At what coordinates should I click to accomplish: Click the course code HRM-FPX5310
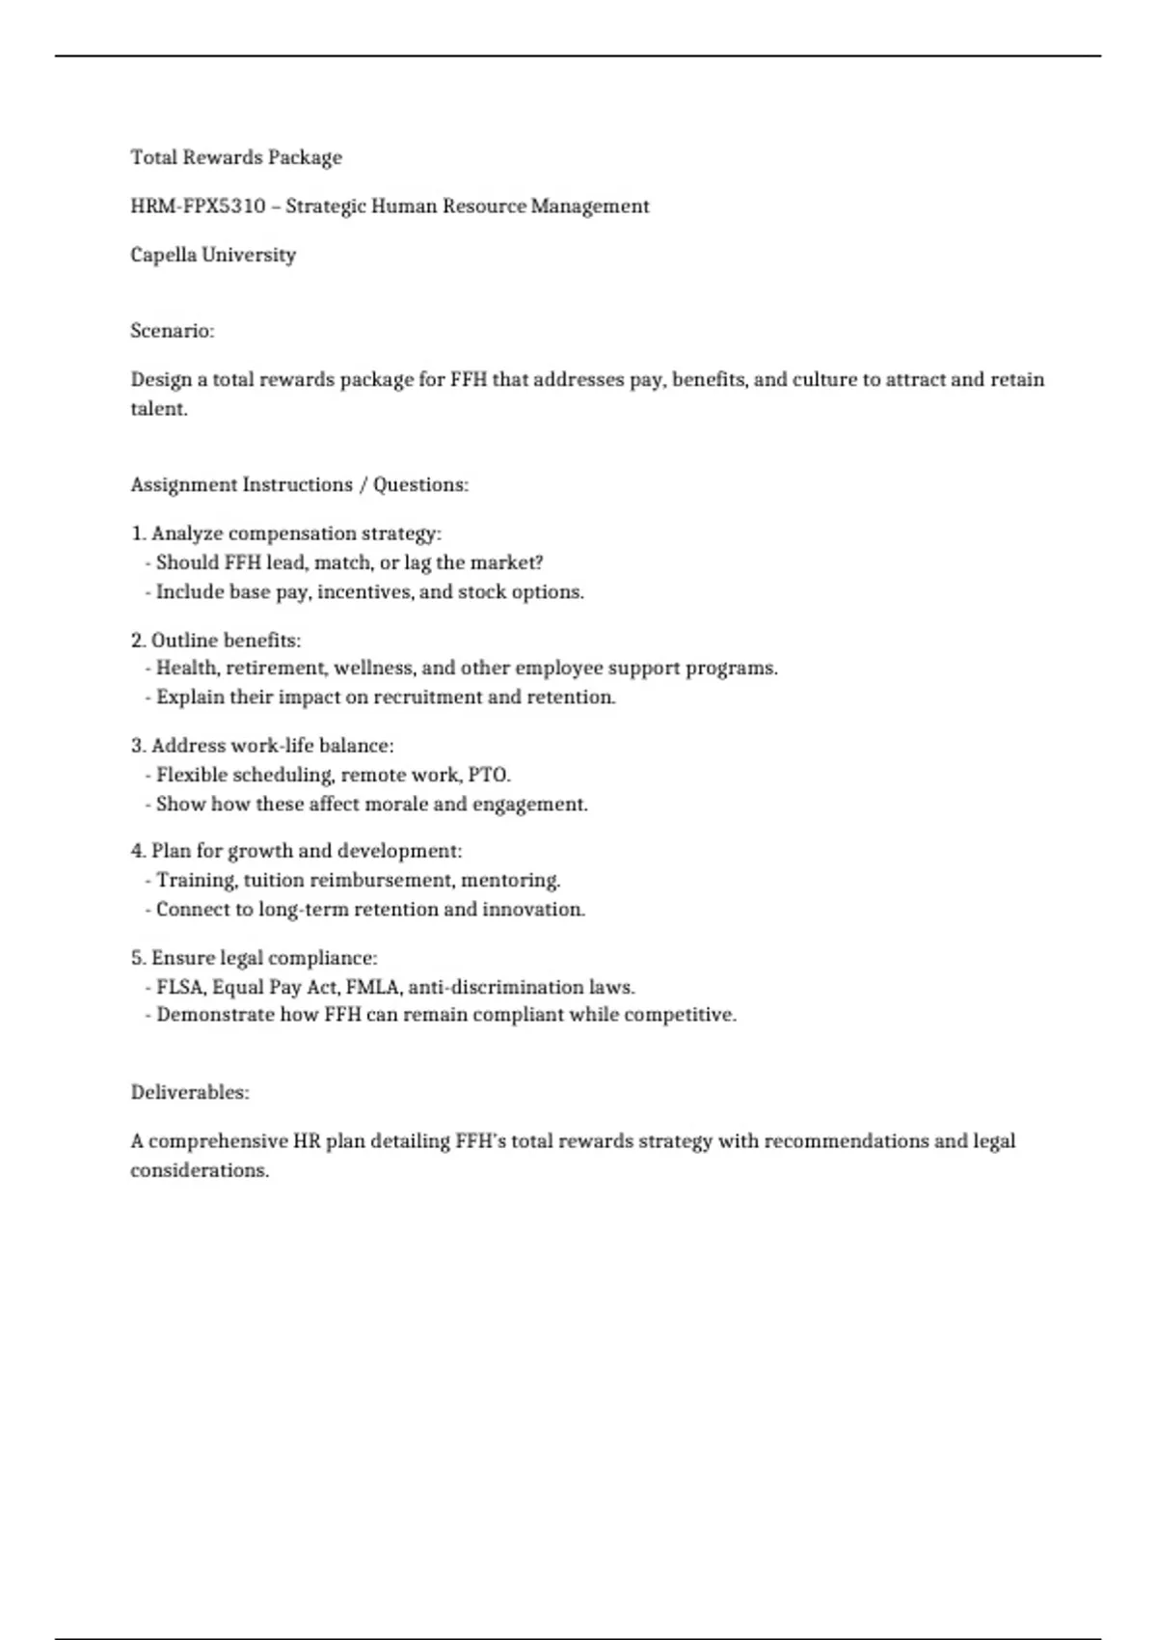pyautogui.click(x=198, y=206)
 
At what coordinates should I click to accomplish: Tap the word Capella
pyautogui.click(x=163, y=256)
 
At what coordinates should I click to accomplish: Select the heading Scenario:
pyautogui.click(x=173, y=331)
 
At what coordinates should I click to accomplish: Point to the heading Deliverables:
pyautogui.click(x=190, y=1093)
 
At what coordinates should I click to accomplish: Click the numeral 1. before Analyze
pyautogui.click(x=139, y=533)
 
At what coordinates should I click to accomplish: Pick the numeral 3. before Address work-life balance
pyautogui.click(x=139, y=746)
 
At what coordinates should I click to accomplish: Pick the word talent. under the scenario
pyautogui.click(x=159, y=409)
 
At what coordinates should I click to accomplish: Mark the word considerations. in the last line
pyautogui.click(x=200, y=1170)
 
